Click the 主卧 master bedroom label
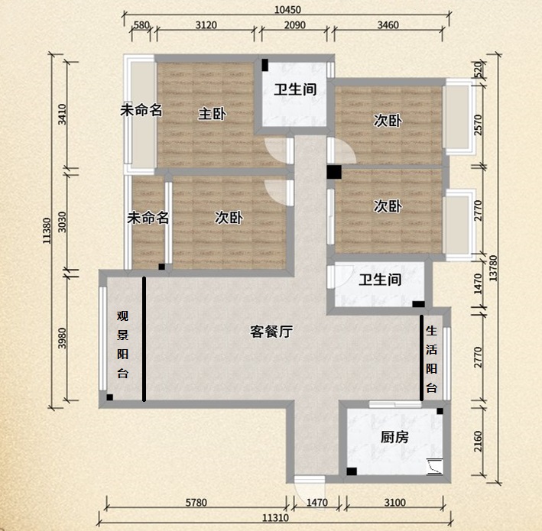click(x=212, y=114)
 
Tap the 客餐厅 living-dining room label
click(x=272, y=332)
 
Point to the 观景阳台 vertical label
click(x=122, y=344)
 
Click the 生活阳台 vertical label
click(x=431, y=359)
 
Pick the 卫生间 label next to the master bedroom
click(x=295, y=89)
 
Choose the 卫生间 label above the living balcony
click(x=380, y=280)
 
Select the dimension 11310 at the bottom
click(x=277, y=519)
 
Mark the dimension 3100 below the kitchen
click(x=395, y=503)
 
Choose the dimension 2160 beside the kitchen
click(x=478, y=443)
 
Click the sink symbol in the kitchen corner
click(x=434, y=466)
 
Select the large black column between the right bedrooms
click(x=333, y=172)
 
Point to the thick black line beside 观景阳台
click(x=144, y=338)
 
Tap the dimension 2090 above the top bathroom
click(x=295, y=25)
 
